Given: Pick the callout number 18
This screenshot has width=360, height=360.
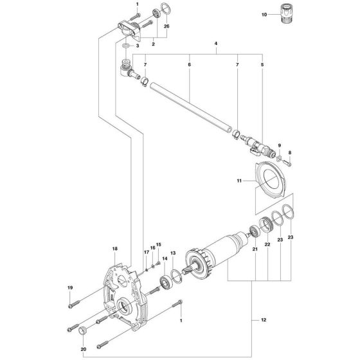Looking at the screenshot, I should (x=115, y=249).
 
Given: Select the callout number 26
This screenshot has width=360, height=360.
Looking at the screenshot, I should (x=166, y=26).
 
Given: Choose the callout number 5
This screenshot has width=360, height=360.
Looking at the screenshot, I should (x=261, y=65).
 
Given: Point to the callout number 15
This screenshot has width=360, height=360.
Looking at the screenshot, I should (x=159, y=244).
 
